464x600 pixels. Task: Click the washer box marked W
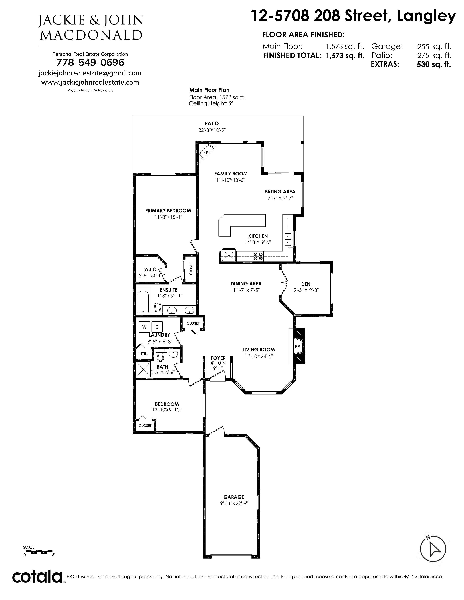click(144, 327)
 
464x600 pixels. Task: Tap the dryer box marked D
click(157, 327)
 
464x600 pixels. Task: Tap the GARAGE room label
click(234, 497)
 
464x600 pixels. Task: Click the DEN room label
click(306, 284)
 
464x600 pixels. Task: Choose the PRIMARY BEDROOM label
click(168, 211)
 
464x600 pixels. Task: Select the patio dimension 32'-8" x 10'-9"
click(212, 130)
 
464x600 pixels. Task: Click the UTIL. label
click(144, 354)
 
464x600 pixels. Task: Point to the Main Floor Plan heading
click(209, 90)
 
